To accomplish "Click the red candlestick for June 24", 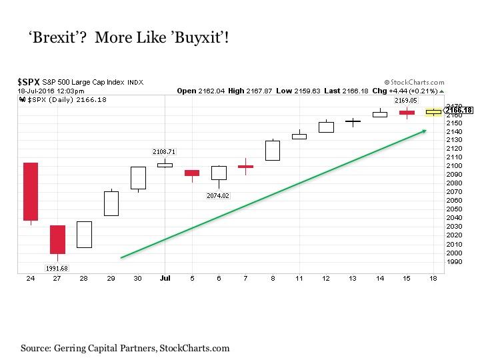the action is [31, 191].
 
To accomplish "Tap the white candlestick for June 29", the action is [111, 203].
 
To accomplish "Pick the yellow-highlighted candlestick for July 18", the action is [434, 112].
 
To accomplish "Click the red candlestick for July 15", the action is [407, 113].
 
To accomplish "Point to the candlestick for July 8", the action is [273, 150].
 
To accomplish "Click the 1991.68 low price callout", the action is [57, 269].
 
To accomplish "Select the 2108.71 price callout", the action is [164, 151].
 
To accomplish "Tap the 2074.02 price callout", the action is [218, 195].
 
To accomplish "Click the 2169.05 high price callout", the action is [406, 101].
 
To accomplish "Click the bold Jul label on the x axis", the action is [165, 278].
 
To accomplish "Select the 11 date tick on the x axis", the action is [299, 278].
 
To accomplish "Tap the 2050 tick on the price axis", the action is [454, 209].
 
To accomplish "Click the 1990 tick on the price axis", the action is [454, 262].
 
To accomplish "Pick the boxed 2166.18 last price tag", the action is [459, 110].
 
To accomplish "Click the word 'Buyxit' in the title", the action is [198, 37].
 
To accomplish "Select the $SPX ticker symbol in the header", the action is [29, 82].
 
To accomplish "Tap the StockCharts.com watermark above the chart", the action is [414, 83].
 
